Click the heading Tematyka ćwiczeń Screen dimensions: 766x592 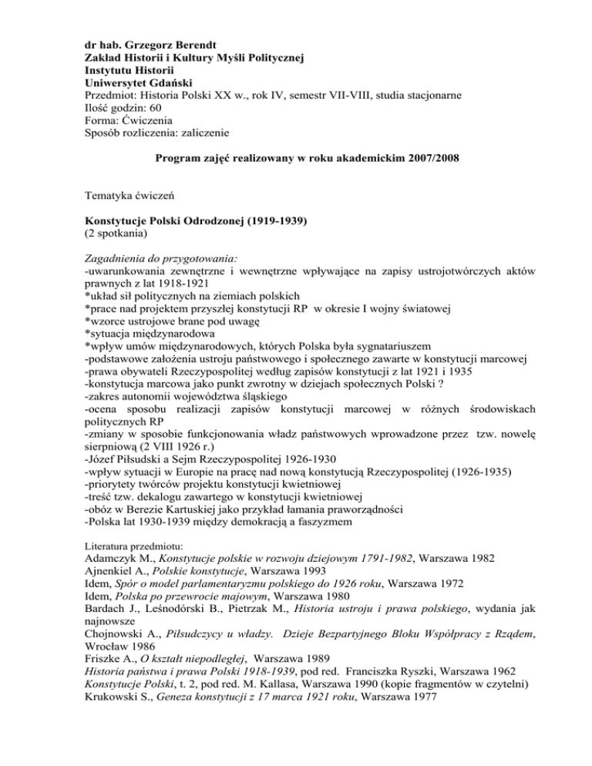click(126, 197)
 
